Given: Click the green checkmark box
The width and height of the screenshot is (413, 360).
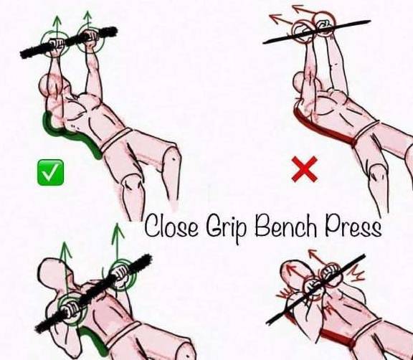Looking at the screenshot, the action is tap(51, 172).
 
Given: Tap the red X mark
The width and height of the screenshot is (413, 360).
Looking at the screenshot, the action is tap(305, 169).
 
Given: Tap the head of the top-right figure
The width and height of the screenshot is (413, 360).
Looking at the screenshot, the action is tap(301, 82).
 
